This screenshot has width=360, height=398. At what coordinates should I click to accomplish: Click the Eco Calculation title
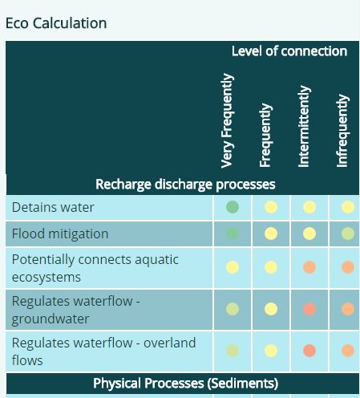[56, 23]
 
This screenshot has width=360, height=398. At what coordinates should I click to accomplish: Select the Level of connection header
[289, 51]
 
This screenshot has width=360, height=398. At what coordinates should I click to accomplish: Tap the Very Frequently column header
[228, 120]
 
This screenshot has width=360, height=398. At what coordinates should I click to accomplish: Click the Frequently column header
[265, 135]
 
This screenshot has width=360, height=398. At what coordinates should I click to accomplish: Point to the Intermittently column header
[304, 126]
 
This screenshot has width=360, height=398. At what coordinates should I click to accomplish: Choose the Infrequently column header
[342, 131]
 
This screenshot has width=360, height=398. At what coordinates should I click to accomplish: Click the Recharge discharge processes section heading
[185, 185]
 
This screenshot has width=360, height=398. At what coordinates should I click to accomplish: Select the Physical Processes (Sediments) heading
[185, 384]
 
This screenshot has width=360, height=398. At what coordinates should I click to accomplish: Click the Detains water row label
[53, 207]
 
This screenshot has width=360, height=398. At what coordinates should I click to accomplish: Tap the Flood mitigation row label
[60, 234]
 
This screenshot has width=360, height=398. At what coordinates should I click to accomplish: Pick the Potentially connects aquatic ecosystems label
[95, 268]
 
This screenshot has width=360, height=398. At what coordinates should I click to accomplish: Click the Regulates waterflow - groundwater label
[76, 310]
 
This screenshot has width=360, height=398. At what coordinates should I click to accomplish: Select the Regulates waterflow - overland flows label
[103, 351]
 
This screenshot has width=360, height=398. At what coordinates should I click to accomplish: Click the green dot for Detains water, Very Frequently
[233, 207]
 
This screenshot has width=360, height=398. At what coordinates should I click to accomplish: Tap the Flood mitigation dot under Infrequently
[348, 234]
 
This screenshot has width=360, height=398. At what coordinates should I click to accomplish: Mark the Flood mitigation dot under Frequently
[271, 234]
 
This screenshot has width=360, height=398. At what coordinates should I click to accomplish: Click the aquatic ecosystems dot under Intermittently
[309, 267]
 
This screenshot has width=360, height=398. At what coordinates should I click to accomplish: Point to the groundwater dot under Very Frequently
[233, 309]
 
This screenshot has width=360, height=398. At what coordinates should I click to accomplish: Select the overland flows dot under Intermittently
[309, 351]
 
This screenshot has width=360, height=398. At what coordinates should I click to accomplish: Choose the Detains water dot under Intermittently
[309, 207]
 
